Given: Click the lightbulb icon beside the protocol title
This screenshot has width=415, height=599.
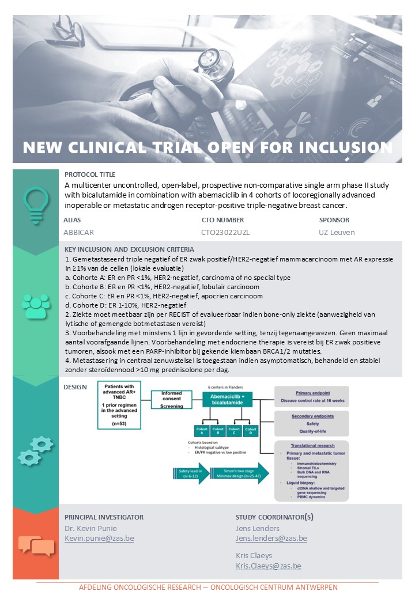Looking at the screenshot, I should (x=35, y=203).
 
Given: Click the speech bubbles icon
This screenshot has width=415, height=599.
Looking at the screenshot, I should (x=36, y=545).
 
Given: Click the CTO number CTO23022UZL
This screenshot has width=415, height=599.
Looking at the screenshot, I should (x=225, y=233).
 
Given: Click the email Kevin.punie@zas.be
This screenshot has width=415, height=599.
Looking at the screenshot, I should (x=99, y=539).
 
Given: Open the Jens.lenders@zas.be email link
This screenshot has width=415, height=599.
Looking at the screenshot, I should (x=271, y=539).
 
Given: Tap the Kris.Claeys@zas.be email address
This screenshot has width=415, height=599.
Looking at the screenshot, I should (x=268, y=566).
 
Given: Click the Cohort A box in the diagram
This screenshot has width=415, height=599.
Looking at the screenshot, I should (x=202, y=431).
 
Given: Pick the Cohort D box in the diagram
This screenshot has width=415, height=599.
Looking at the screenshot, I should (x=250, y=431).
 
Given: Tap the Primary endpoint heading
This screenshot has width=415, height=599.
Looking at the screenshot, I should (x=311, y=392).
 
